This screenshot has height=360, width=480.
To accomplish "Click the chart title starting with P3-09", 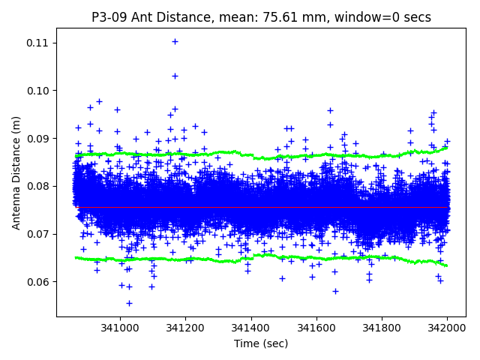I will [x=261, y=16].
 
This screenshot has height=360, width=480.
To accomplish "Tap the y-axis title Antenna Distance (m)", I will [x=16, y=172].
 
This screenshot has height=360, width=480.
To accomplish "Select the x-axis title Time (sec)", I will [x=260, y=343].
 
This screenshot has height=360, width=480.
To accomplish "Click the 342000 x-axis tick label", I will [x=447, y=328].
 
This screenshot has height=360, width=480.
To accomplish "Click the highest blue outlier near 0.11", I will [x=175, y=42].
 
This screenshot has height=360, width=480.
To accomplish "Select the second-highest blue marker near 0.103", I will [x=175, y=76].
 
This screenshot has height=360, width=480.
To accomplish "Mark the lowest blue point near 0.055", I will [x=129, y=303].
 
